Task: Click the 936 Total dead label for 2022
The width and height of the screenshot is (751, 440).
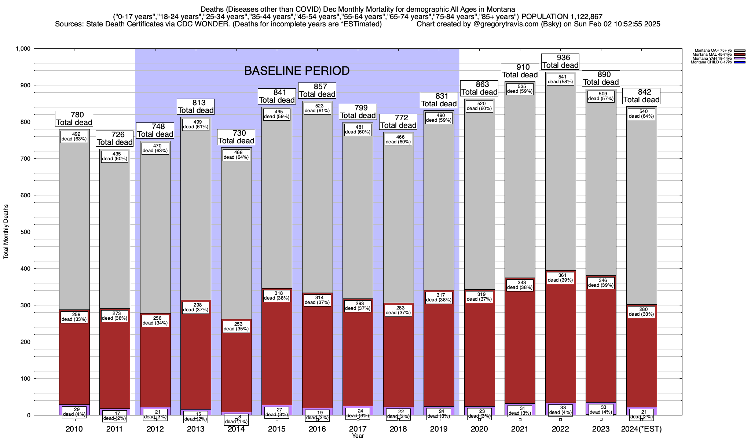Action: click(x=560, y=61)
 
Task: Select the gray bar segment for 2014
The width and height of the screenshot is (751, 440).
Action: click(x=236, y=220)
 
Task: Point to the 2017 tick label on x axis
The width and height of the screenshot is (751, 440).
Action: click(x=358, y=429)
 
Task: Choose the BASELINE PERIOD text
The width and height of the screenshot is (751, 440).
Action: click(x=297, y=71)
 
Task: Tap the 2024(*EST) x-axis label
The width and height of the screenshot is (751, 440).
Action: click(x=641, y=429)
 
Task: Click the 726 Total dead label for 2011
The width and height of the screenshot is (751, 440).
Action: click(x=115, y=138)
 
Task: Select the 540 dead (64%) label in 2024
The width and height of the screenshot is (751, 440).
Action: click(x=641, y=114)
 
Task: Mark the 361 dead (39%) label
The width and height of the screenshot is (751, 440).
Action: click(x=560, y=278)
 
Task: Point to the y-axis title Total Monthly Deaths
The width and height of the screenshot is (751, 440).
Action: click(x=6, y=232)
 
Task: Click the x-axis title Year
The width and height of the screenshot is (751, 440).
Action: click(x=358, y=436)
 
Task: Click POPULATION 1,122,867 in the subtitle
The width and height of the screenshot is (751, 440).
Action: click(x=562, y=16)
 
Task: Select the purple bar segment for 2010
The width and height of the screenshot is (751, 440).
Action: click(x=74, y=408)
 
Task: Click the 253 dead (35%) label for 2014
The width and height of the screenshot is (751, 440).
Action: click(x=236, y=326)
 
